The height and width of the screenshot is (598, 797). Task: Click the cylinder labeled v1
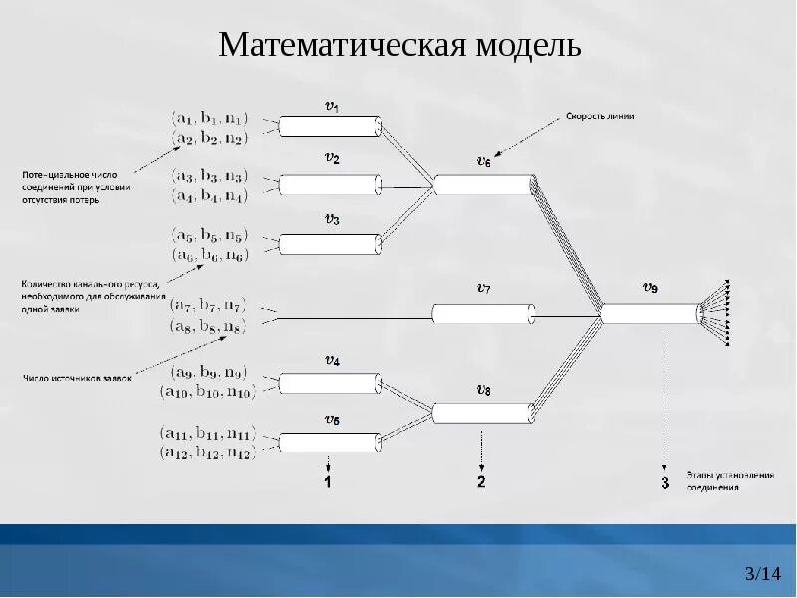pyautogui.click(x=330, y=126)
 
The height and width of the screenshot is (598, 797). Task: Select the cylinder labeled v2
pyautogui.click(x=330, y=184)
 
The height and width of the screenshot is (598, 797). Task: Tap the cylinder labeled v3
pyautogui.click(x=330, y=244)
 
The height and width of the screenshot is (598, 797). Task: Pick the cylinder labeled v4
pyautogui.click(x=330, y=383)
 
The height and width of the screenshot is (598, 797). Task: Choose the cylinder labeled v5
pyautogui.click(x=330, y=442)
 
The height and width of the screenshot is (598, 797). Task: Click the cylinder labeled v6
pyautogui.click(x=484, y=184)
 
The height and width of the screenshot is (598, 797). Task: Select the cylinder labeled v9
pyautogui.click(x=650, y=314)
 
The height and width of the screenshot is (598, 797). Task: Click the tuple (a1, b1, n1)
pyautogui.click(x=211, y=118)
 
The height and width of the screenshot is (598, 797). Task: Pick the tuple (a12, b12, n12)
pyautogui.click(x=207, y=453)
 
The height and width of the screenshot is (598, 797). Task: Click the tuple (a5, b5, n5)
pyautogui.click(x=209, y=236)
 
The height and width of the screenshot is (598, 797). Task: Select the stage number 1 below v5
pyautogui.click(x=328, y=483)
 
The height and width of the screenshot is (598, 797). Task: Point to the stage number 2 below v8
pyautogui.click(x=481, y=483)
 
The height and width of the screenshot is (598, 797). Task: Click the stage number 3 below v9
pyautogui.click(x=664, y=484)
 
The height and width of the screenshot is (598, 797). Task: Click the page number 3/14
pyautogui.click(x=763, y=573)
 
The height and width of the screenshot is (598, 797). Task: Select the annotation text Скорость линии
pyautogui.click(x=601, y=116)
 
